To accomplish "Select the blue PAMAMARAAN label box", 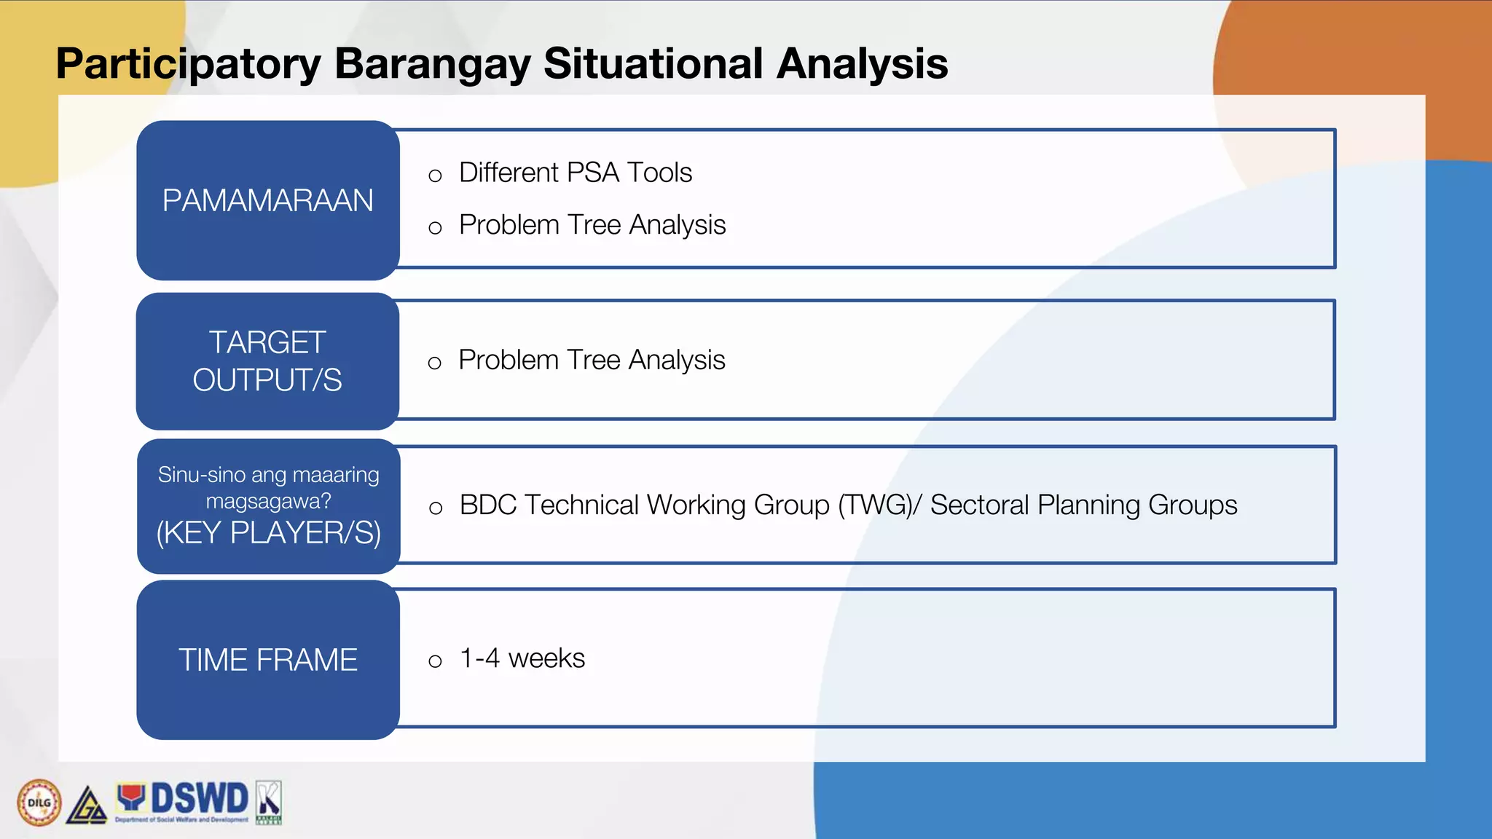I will pyautogui.click(x=268, y=200).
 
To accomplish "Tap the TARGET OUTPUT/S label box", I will pyautogui.click(x=268, y=361).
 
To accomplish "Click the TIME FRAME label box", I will pyautogui.click(x=268, y=660).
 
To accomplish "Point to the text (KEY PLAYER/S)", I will pyautogui.click(x=268, y=533).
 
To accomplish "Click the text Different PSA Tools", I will pyautogui.click(x=576, y=173).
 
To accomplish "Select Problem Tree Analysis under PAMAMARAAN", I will pyautogui.click(x=592, y=225).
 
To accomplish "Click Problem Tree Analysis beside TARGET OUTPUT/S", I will pyautogui.click(x=592, y=360).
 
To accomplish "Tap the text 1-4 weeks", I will pyautogui.click(x=522, y=658).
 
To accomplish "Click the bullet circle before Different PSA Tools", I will pyautogui.click(x=435, y=176).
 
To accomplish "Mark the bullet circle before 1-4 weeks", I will pyautogui.click(x=435, y=661).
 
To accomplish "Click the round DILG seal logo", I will pyautogui.click(x=39, y=803).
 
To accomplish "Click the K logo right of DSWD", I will pyautogui.click(x=269, y=802).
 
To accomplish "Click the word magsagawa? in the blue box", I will pyautogui.click(x=268, y=502).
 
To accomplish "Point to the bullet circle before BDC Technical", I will pyautogui.click(x=436, y=508).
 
